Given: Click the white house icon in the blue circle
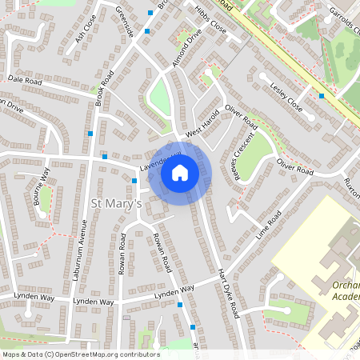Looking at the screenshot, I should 180,172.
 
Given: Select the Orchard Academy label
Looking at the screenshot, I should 339,291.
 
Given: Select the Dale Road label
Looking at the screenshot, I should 24,80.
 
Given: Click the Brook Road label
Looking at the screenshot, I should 104,89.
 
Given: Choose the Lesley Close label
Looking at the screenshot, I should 286,94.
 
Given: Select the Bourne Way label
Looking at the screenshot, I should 41,187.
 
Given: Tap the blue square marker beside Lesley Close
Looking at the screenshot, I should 322,96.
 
